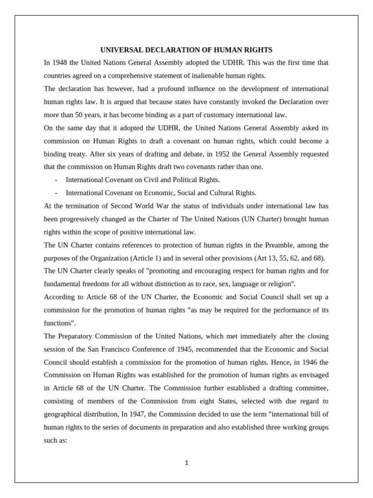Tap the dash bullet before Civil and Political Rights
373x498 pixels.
point(57,180)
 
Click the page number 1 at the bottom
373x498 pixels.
point(186,463)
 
